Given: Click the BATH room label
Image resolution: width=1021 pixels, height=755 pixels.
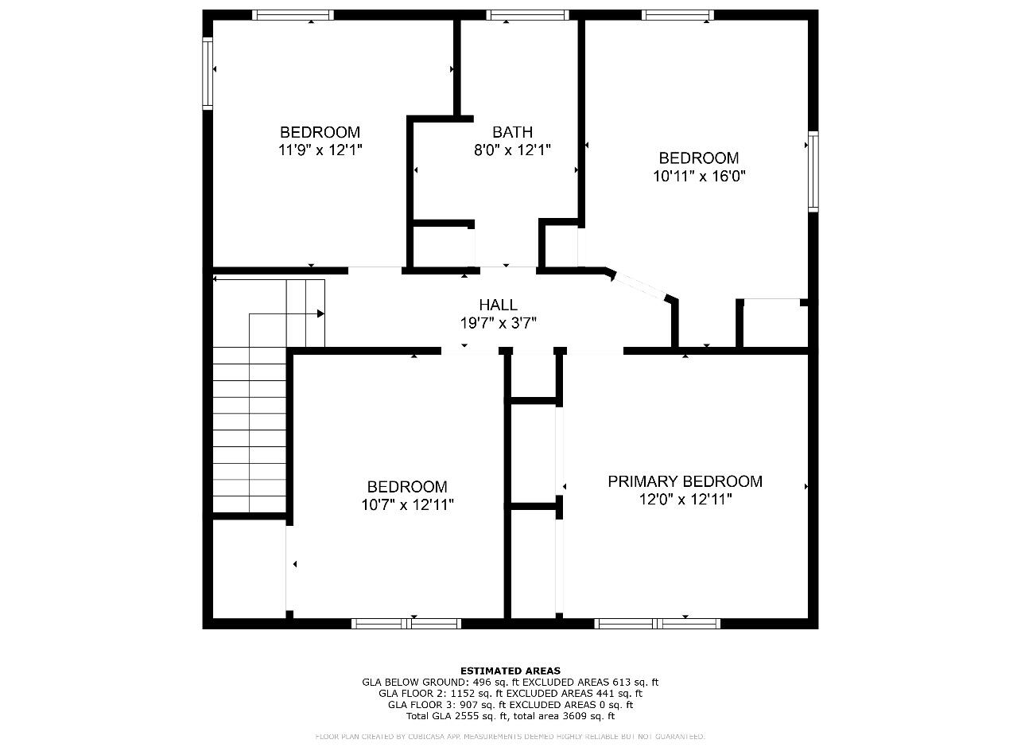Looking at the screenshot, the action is tap(512, 132).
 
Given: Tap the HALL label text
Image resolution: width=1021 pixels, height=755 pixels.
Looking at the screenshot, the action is tap(498, 305).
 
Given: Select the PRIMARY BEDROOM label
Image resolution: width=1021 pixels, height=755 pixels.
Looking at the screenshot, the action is tap(685, 481).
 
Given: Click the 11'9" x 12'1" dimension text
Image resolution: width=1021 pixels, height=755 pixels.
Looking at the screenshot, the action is tap(320, 150).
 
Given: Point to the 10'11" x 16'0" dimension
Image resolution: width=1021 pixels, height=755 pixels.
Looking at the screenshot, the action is tap(699, 176).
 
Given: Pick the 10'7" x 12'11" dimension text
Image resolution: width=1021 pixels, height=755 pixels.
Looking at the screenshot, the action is tap(407, 505).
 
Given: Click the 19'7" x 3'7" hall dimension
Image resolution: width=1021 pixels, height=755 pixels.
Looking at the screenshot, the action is tap(498, 323).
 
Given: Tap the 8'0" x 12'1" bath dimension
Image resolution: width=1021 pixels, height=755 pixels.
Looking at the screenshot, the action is tap(512, 150).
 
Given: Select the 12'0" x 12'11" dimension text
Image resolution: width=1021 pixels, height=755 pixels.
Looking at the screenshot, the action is tap(685, 500).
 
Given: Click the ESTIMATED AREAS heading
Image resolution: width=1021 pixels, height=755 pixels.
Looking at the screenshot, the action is tap(510, 671).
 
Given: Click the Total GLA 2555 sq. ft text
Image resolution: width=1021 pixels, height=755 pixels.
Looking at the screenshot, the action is tap(456, 716).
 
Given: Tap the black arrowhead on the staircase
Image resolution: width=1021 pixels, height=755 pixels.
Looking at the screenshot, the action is tap(320, 313).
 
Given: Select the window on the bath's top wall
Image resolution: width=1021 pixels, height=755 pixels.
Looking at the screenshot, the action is tap(527, 15).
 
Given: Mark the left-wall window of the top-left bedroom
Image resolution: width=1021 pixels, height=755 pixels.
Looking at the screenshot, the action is tap(208, 74).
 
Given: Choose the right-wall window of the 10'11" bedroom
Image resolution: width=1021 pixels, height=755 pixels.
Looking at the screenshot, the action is tap(813, 171).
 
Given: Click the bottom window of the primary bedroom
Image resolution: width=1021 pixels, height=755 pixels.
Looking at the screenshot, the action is tap(658, 624).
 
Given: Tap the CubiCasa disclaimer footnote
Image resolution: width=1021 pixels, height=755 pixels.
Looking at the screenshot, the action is tap(510, 737).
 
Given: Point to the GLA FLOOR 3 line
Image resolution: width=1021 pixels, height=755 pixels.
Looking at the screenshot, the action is tap(510, 705).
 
